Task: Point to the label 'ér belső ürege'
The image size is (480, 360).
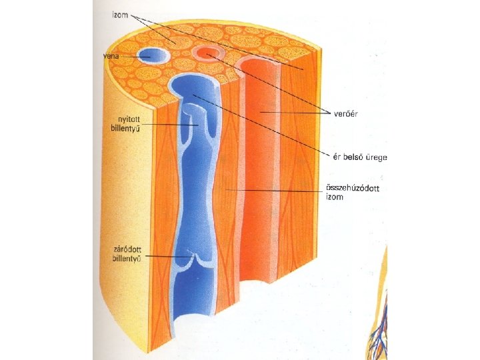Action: [361, 158]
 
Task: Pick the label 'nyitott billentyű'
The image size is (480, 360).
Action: [125, 124]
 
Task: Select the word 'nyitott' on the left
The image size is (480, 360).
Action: [125, 120]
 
